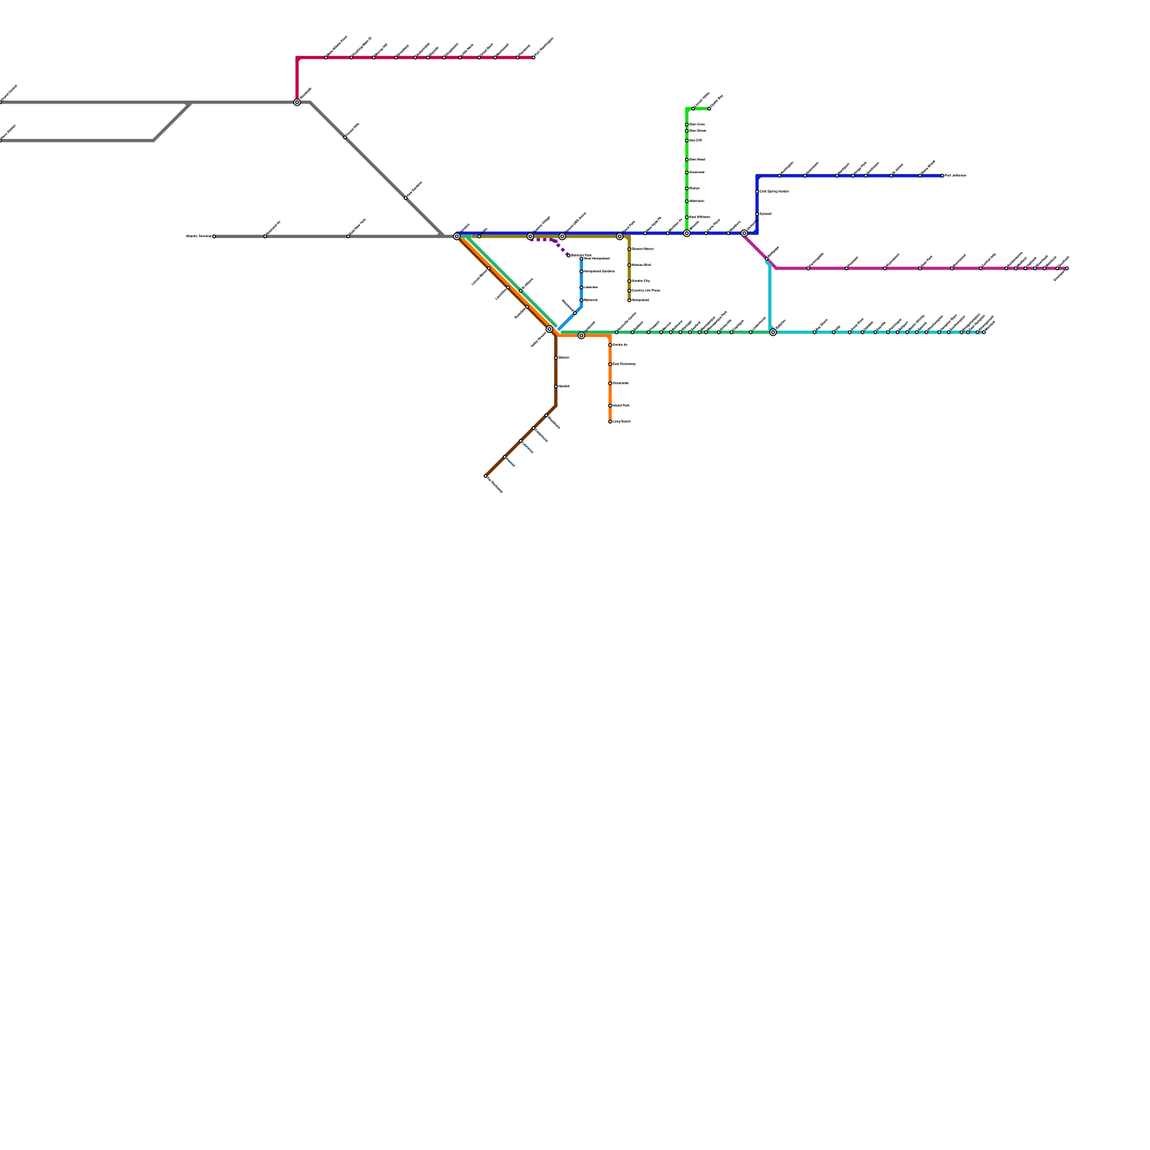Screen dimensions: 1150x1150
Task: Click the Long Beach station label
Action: [x=622, y=422]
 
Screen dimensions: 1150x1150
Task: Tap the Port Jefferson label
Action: [x=956, y=175]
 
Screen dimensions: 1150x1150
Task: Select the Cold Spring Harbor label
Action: [x=774, y=192]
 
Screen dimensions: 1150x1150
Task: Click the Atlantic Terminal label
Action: [x=198, y=236]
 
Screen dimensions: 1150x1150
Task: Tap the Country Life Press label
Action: [x=645, y=290]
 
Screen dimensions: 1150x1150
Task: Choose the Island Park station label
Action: [x=621, y=406]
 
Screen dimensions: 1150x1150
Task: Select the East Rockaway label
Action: [x=624, y=364]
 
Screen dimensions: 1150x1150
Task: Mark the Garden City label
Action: [x=640, y=281]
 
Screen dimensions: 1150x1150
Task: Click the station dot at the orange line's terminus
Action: [x=610, y=422]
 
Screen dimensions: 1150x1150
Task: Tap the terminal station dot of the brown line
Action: [x=486, y=477]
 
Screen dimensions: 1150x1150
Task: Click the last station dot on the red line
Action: [x=533, y=57]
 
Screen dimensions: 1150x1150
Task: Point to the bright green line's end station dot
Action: [x=709, y=109]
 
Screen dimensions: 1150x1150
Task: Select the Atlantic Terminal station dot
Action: [x=213, y=236]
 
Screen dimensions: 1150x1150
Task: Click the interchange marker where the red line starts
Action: [x=297, y=102]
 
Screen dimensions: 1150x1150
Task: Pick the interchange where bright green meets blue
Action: [x=686, y=233]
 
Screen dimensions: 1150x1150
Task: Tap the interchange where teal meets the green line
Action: [x=773, y=332]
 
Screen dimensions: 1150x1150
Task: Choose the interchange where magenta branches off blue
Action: [x=744, y=233]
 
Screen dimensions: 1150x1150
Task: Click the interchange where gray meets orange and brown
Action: [x=456, y=236]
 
